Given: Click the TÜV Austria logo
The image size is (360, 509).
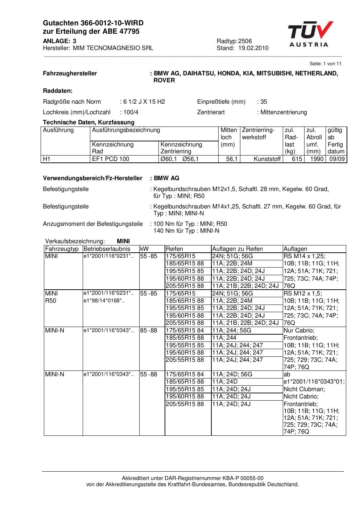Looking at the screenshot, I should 310,34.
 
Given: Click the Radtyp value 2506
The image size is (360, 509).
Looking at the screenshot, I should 245,41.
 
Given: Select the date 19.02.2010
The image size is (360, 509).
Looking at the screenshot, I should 253,48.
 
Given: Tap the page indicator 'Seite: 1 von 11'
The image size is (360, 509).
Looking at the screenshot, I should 325,64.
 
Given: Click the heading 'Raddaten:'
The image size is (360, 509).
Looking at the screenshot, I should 58,91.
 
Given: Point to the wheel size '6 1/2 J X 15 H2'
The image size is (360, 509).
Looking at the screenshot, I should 144,102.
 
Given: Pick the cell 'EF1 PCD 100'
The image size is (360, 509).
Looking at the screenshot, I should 111,159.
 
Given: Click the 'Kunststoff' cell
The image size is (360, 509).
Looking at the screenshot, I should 267,159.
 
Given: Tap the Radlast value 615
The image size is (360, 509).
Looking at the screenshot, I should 297,159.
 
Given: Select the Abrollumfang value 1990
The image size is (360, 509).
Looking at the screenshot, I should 316,159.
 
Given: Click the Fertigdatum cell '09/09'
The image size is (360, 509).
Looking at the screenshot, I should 336,159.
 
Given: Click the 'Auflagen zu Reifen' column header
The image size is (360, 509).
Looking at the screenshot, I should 237,249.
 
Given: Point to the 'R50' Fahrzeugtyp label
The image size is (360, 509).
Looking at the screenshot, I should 51,301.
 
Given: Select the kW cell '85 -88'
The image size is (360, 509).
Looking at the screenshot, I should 149,331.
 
